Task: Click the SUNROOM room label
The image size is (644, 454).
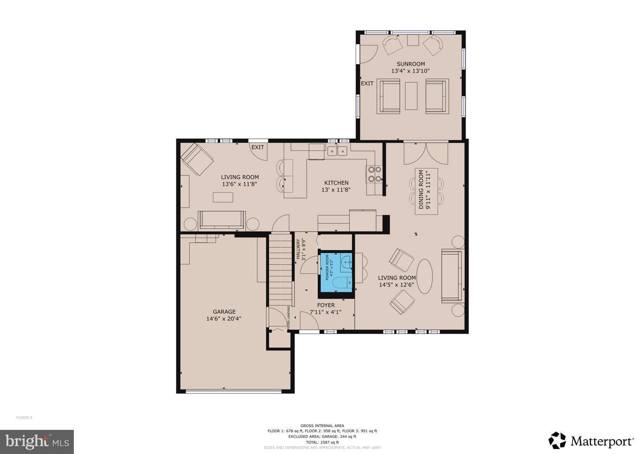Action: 410,64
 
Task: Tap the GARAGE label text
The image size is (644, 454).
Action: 224,312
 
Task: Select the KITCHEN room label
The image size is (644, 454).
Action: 336,183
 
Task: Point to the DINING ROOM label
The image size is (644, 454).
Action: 422,189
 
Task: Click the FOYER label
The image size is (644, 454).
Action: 326,305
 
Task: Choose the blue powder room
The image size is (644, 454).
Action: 336,273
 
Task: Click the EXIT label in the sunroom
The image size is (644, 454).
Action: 367,84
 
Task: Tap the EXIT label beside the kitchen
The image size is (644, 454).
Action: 258,148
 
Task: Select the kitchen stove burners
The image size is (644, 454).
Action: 375,174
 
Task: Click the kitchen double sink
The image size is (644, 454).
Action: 338,151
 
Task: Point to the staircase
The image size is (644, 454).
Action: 280,269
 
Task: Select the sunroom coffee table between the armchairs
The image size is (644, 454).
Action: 411,96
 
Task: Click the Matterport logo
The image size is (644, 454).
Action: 591,441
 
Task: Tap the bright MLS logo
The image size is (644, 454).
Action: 37,441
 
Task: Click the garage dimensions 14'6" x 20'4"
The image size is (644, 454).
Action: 224,319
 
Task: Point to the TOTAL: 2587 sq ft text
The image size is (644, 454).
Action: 322,442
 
